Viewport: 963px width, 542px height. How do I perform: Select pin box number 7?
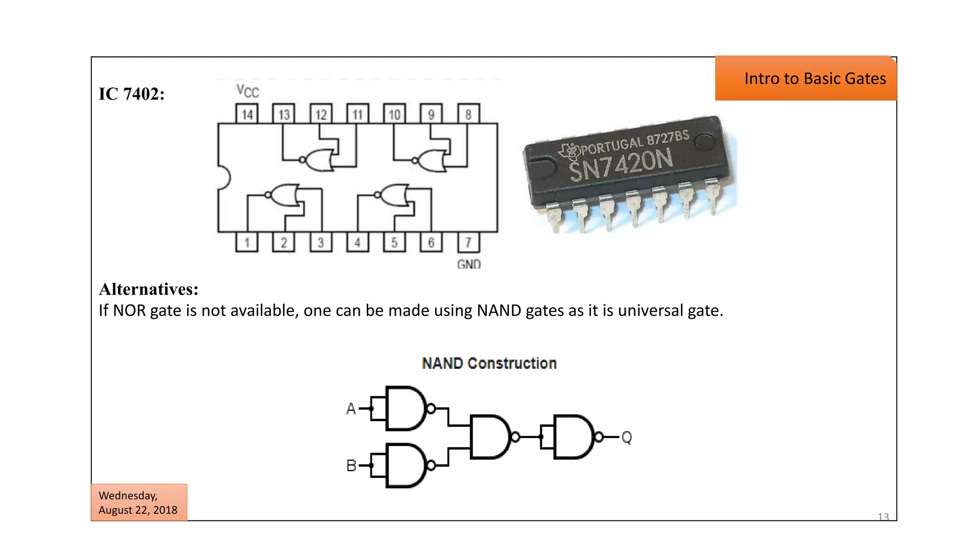(x=468, y=243)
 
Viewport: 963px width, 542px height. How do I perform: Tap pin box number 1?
(x=247, y=243)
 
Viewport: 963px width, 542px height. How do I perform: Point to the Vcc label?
(x=247, y=91)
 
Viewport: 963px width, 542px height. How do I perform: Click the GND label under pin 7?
(x=469, y=264)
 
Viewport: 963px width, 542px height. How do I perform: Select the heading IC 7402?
(x=132, y=94)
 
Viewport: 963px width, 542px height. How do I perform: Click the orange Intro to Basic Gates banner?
(x=805, y=79)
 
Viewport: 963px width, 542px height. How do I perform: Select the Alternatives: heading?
(x=149, y=289)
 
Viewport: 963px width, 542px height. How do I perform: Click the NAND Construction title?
(x=489, y=363)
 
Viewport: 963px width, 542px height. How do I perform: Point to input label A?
(x=351, y=409)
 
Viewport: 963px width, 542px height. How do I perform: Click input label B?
(x=351, y=466)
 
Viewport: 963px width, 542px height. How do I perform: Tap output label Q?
(x=626, y=438)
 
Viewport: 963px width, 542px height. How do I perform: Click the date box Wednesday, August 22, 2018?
(x=139, y=502)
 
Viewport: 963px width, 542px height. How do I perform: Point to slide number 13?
(x=883, y=517)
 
